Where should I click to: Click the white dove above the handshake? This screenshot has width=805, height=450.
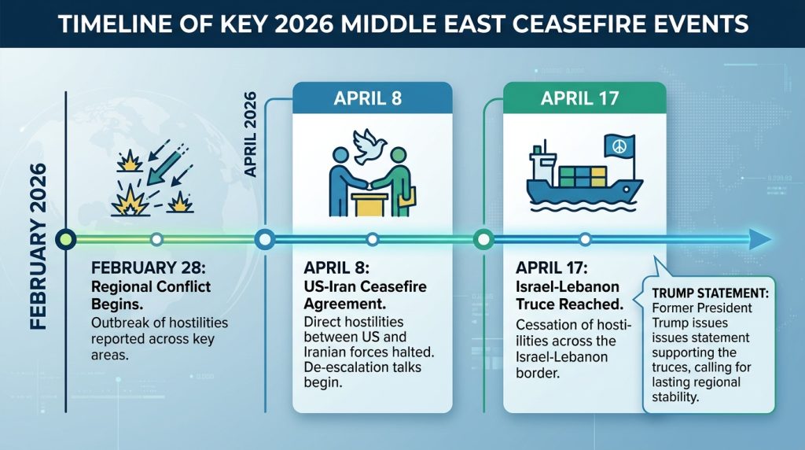[369, 146]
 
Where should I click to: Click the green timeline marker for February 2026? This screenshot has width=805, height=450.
[66, 238]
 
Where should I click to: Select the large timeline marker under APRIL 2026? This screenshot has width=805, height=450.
[265, 238]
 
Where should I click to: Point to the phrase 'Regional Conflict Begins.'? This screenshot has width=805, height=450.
[151, 296]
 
